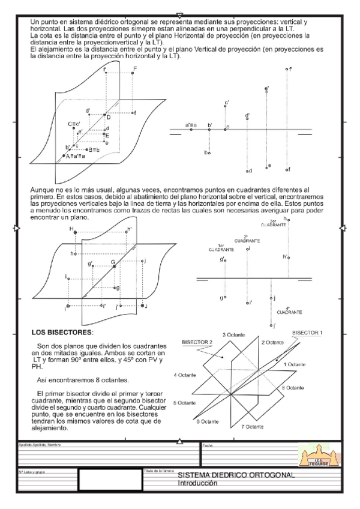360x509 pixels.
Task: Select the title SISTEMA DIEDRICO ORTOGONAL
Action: (x=236, y=475)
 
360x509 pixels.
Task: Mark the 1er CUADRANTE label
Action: (x=221, y=247)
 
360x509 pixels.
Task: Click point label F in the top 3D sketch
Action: (x=135, y=69)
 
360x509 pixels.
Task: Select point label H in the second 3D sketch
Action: (x=71, y=229)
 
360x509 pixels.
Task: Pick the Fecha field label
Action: (x=208, y=445)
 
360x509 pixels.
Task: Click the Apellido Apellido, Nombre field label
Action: (x=40, y=445)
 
